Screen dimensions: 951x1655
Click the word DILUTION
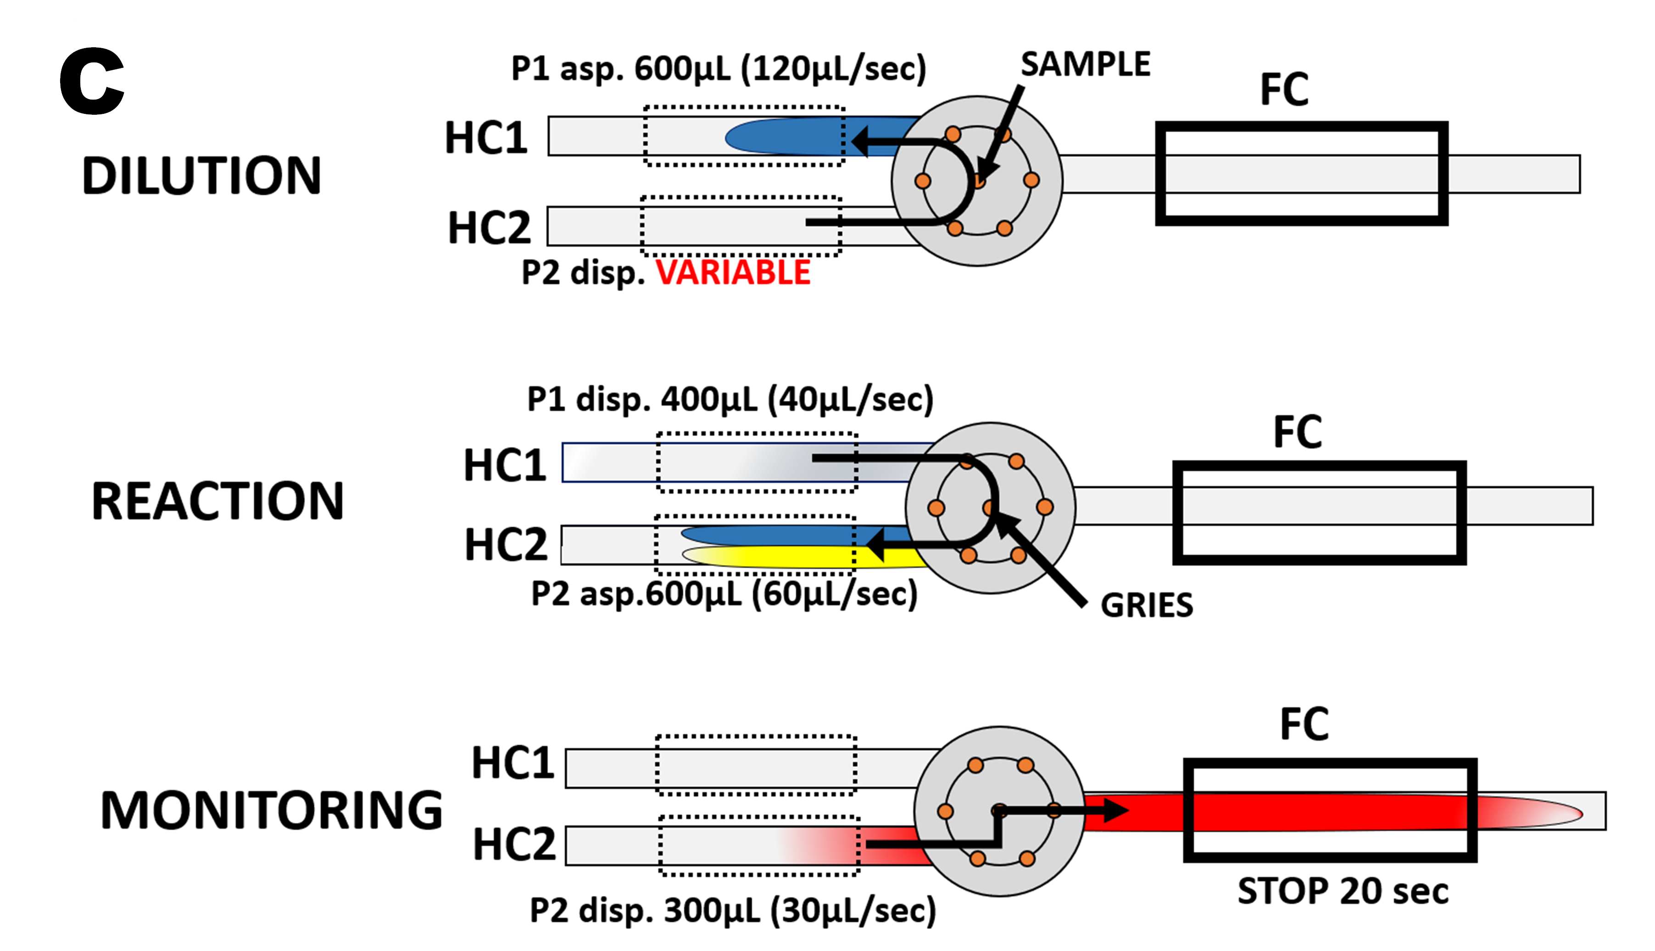click(202, 176)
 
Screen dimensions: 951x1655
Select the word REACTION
click(217, 501)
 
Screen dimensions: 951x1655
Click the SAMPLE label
click(1085, 65)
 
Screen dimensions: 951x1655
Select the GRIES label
click(1147, 605)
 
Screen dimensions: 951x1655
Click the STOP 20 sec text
click(1343, 891)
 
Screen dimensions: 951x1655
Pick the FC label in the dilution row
click(1284, 90)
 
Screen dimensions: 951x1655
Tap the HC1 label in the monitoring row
click(513, 763)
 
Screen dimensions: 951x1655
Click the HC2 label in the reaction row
click(506, 545)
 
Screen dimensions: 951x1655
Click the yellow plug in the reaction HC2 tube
click(783, 557)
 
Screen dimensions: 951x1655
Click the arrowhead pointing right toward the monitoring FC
click(1115, 811)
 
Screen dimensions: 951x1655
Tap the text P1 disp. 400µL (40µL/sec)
click(730, 399)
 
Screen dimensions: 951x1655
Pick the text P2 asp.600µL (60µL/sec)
click(724, 594)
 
